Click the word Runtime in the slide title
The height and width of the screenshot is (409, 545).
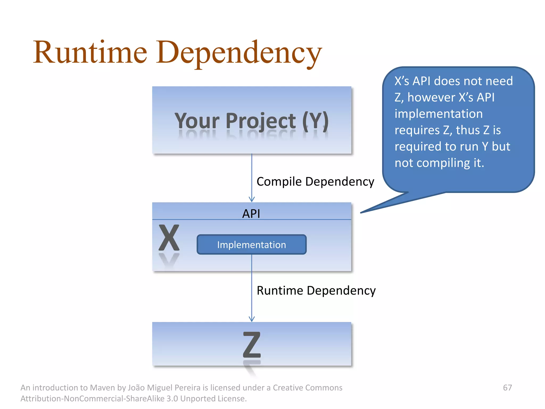(x=90, y=52)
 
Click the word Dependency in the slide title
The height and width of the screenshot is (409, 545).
(x=239, y=52)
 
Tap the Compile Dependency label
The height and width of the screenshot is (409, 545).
(x=315, y=182)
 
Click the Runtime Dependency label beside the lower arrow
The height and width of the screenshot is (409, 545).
(x=316, y=291)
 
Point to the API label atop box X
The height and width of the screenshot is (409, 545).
(x=251, y=214)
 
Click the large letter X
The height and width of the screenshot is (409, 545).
(x=169, y=238)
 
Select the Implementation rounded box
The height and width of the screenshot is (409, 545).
(x=251, y=245)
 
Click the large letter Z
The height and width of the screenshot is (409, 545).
(x=252, y=345)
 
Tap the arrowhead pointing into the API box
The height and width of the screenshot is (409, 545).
(x=252, y=199)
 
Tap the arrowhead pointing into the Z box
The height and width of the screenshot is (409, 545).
(x=252, y=319)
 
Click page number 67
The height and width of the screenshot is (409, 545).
(x=507, y=387)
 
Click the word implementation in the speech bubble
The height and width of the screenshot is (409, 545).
(x=438, y=114)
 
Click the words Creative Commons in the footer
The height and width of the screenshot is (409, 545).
(x=307, y=387)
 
